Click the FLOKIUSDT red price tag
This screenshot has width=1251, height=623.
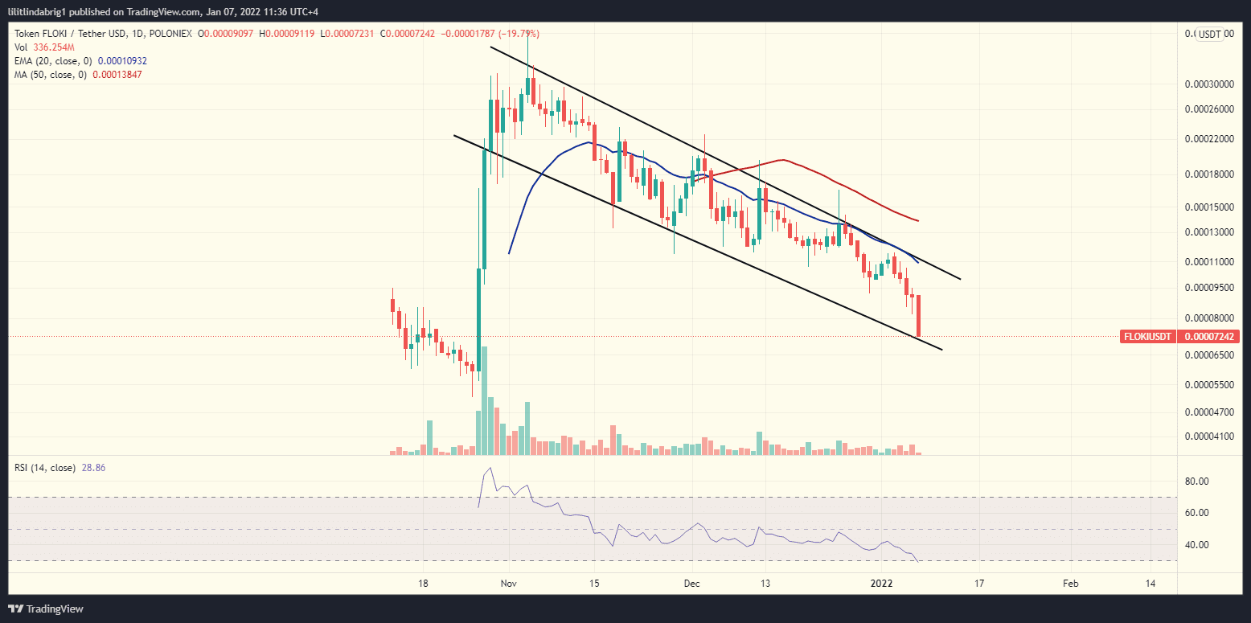1146,337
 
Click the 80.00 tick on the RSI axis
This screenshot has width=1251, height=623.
1198,482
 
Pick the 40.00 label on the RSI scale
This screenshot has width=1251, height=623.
1198,545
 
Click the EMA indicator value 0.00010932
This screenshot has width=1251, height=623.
122,61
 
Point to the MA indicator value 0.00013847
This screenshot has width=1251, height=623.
117,75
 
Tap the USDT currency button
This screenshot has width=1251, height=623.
1209,34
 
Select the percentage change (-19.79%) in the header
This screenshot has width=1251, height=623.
519,34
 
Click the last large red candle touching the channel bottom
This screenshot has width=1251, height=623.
918,316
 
